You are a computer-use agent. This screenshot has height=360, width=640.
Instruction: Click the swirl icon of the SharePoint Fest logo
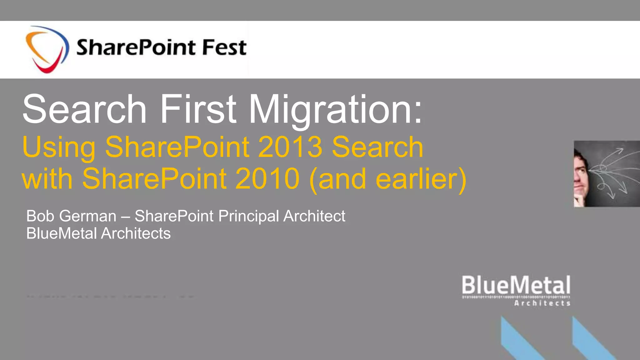point(47,49)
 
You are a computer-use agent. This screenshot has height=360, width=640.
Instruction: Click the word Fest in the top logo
point(224,47)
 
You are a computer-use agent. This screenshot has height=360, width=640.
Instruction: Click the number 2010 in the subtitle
point(267,179)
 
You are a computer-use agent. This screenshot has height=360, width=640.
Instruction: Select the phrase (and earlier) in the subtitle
point(387,179)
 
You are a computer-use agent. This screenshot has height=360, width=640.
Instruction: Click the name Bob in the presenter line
point(40,216)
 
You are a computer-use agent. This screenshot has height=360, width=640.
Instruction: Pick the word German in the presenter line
point(88,216)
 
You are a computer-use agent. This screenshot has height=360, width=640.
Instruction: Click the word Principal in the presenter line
point(249,217)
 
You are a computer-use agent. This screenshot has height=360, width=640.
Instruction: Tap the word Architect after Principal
point(314,216)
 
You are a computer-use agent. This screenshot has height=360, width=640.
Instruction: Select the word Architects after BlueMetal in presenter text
point(136,233)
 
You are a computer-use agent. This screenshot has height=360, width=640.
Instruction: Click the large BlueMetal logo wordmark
point(516,285)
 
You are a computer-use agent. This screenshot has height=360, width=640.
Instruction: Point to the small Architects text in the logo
point(542,303)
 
